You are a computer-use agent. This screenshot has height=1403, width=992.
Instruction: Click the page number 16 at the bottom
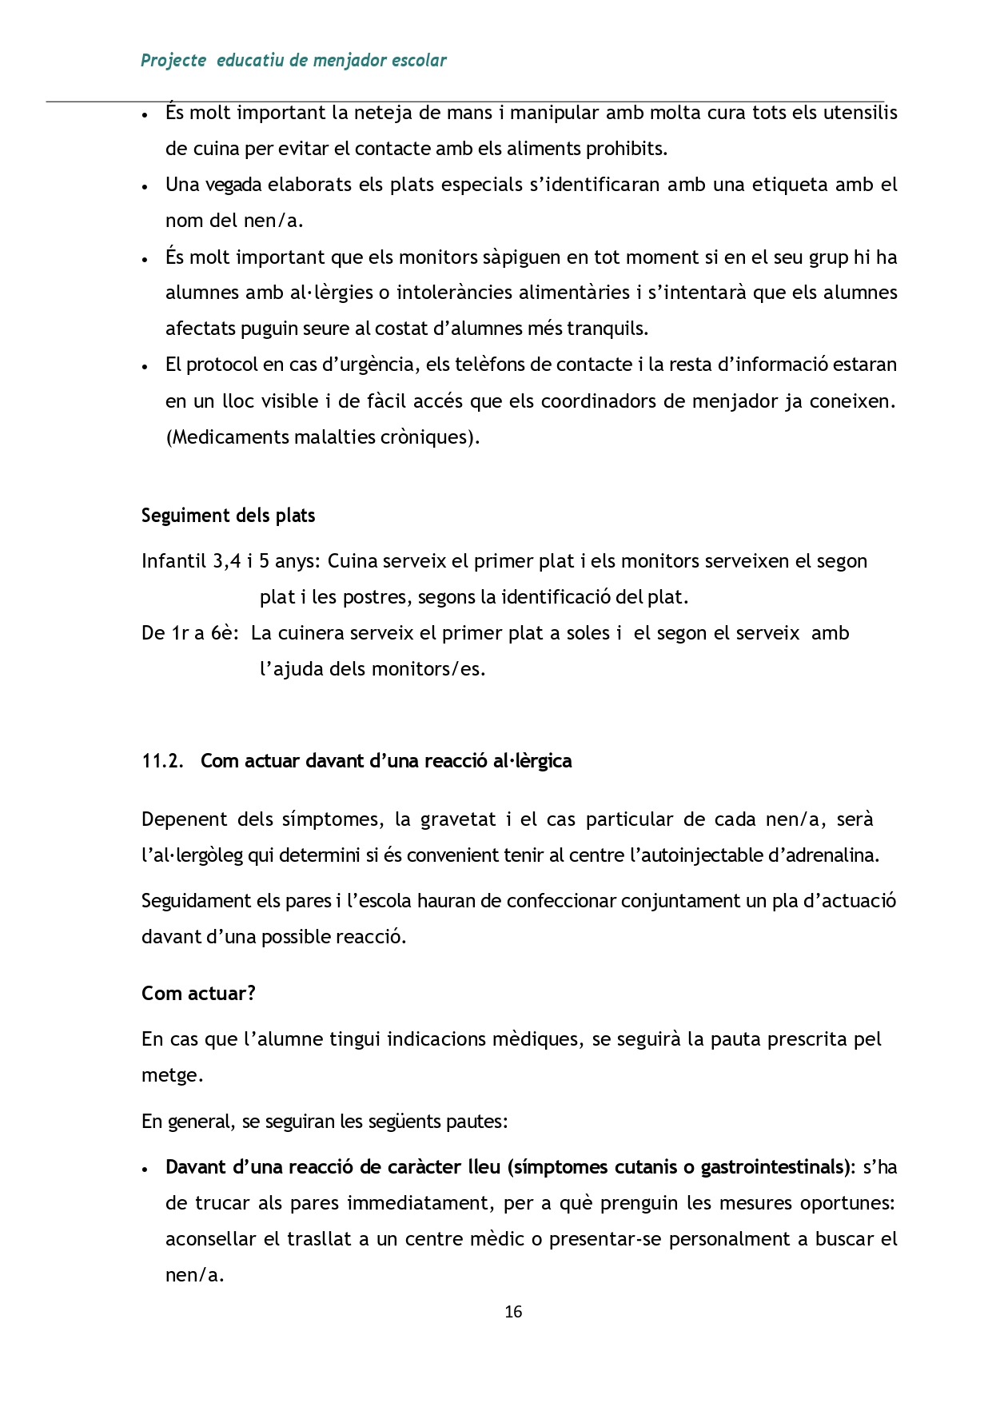point(513,1312)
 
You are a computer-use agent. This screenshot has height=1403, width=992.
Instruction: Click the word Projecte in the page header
point(173,61)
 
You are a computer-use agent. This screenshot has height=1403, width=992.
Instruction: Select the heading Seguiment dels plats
point(228,516)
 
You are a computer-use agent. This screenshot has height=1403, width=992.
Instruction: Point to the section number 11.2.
point(163,761)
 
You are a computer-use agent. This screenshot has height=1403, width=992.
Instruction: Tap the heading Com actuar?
point(198,994)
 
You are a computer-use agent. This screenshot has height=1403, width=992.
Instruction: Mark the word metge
point(170,1076)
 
